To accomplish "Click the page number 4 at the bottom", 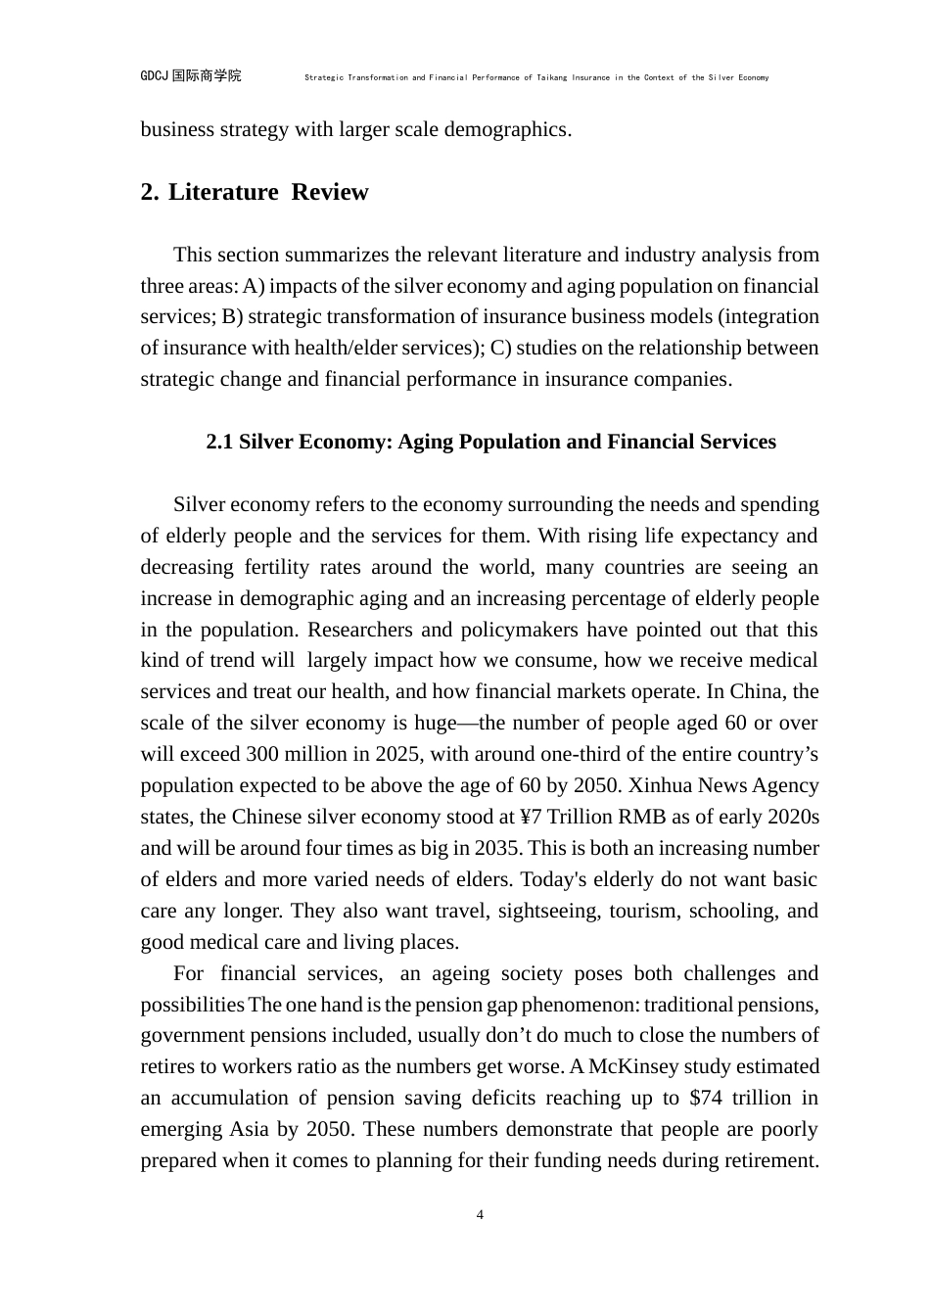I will pyautogui.click(x=480, y=1215).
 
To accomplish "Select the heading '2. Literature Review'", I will pyautogui.click(x=255, y=192).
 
